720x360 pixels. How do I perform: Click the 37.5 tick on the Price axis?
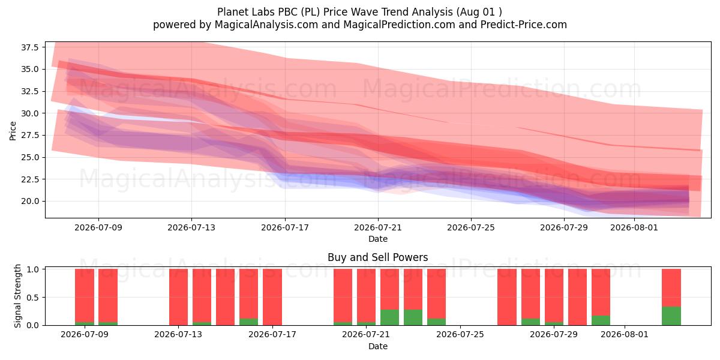pos(29,47)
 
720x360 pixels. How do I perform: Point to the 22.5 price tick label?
pos(29,179)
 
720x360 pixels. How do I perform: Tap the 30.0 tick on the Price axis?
pos(29,113)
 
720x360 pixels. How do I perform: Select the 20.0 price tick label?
pos(29,202)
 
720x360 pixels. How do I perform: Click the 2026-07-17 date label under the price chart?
pos(285,227)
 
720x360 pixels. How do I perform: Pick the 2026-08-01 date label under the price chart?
pos(634,227)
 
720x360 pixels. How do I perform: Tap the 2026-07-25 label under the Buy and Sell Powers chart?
pos(460,335)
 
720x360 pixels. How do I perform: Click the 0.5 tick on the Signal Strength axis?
pos(32,298)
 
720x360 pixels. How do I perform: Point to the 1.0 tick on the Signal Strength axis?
pos(32,269)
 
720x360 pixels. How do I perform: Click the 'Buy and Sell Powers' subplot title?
pos(378,257)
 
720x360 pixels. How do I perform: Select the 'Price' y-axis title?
pos(13,131)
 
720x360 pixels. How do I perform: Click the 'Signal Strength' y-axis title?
pos(17,296)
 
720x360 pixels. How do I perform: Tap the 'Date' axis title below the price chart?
pos(378,239)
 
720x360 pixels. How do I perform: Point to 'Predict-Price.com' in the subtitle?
pos(524,25)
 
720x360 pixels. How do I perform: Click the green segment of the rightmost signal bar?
pos(671,316)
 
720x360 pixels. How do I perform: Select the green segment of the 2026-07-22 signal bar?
pos(389,317)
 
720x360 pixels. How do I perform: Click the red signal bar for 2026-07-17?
pos(272,297)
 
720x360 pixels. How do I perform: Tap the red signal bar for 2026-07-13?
pos(178,297)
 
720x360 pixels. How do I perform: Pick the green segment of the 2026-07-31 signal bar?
pos(601,320)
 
